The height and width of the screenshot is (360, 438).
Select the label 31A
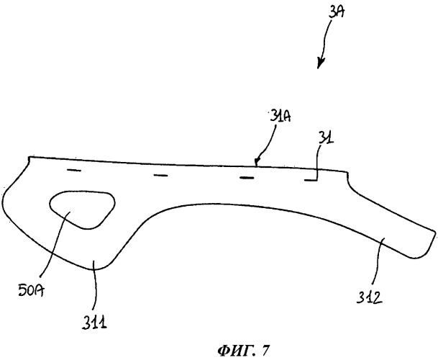point(280,116)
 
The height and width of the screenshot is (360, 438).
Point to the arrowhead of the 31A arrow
point(257,162)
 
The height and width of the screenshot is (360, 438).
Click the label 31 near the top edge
point(327,138)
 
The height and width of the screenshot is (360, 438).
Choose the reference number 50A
point(32,290)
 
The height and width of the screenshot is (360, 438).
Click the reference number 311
point(94,322)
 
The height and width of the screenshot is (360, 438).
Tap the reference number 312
point(369,297)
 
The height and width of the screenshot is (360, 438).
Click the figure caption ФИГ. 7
point(244,350)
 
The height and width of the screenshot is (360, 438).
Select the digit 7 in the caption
point(266,350)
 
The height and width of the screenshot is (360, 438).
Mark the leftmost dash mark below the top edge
point(74,170)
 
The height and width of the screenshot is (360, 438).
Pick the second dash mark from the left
point(160,176)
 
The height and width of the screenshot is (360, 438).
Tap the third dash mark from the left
point(247,178)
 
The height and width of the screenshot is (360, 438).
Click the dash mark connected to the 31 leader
point(310,181)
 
